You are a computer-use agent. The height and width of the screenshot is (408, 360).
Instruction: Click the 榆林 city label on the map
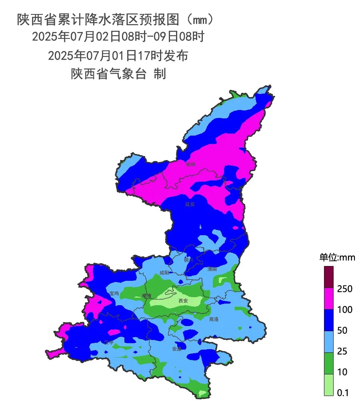pos(191,164)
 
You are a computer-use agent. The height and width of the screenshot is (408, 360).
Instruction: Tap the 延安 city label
pos(190,204)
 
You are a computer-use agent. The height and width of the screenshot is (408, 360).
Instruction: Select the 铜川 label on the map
pos(188,260)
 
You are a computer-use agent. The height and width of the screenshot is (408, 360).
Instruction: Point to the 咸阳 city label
pos(164,273)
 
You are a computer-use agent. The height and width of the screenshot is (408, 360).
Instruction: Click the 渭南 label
pos(212,269)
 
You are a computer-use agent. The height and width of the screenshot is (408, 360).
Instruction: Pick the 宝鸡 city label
pos(114,293)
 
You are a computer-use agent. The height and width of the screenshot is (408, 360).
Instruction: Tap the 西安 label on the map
pos(183,301)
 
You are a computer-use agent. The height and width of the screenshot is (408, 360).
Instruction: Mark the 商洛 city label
pos(214,319)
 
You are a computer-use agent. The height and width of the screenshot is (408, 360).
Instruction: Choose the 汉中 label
pos(109,342)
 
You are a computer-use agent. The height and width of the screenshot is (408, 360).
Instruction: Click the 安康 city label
pos(177,348)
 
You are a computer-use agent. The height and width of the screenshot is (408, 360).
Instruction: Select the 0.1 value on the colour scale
pos(343,393)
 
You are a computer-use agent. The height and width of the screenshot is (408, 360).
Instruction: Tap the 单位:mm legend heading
pos(337,257)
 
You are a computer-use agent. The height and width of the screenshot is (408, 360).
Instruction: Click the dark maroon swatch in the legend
pos(328,277)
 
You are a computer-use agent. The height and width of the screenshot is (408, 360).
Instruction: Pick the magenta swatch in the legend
pos(328,298)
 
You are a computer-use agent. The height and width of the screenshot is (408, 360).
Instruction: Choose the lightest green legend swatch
pos(328,385)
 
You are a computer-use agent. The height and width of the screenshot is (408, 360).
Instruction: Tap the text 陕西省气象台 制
pos(118,74)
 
